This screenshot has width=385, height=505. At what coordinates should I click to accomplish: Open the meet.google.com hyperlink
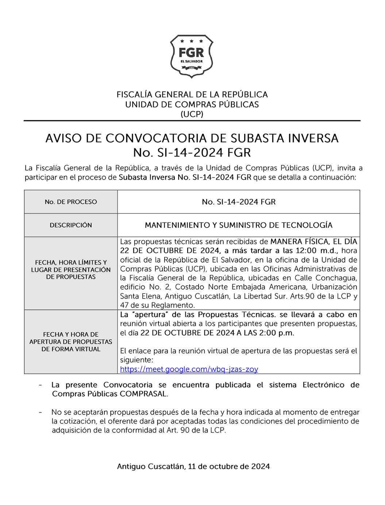189,369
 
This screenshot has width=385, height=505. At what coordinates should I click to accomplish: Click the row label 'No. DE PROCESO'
71,202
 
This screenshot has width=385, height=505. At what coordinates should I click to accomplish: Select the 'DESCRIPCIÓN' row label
71,225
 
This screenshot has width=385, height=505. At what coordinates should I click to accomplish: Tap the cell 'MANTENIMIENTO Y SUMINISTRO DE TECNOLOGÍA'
239,225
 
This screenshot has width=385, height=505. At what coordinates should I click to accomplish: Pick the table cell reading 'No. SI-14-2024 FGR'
239,202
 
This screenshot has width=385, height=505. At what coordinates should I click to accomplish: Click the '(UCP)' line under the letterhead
192,114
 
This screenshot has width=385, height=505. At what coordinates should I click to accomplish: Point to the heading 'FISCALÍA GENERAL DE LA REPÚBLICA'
192,95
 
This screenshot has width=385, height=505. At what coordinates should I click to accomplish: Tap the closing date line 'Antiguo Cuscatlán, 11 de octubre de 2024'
193,466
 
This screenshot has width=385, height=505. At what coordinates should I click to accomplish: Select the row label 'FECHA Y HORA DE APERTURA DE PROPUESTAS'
71,342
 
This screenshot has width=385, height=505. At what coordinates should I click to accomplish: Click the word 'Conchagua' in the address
336,278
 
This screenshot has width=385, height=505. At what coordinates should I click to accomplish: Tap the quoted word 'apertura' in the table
150,314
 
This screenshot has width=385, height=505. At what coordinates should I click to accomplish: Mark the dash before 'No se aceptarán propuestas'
40,412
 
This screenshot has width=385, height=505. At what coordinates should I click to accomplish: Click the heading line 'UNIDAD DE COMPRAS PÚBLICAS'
192,105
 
